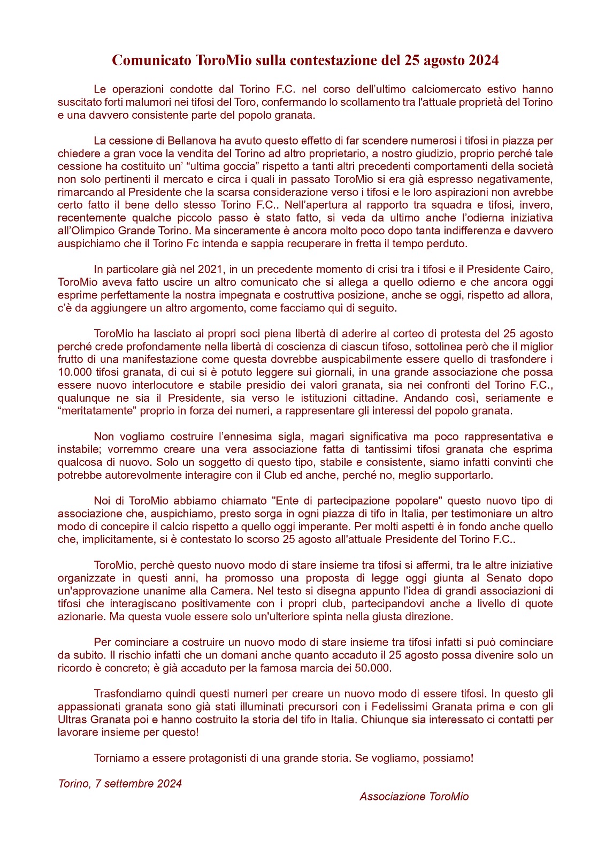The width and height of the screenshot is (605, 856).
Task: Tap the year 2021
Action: point(210,269)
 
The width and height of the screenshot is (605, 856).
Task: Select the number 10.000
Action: point(75,372)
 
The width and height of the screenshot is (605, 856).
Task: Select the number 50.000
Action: point(373,668)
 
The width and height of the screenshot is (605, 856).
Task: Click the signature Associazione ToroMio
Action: point(414,797)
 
